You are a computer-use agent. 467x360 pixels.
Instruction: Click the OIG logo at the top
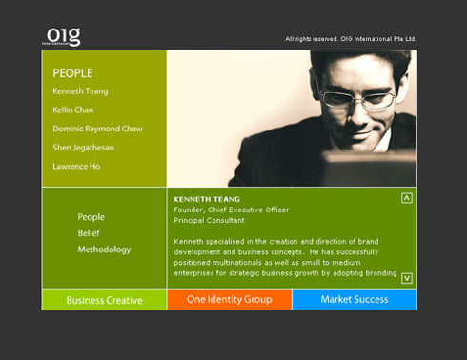pyautogui.click(x=63, y=36)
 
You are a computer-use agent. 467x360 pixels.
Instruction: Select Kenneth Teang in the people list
pyautogui.click(x=80, y=91)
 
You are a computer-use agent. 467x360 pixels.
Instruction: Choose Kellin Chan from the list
pyautogui.click(x=74, y=110)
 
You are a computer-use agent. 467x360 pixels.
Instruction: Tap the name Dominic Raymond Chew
pyautogui.click(x=97, y=129)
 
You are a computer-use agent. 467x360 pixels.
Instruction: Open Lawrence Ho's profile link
pyautogui.click(x=76, y=167)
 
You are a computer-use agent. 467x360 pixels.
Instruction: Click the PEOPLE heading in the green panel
pyautogui.click(x=72, y=72)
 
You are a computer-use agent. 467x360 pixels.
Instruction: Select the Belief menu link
pyautogui.click(x=89, y=233)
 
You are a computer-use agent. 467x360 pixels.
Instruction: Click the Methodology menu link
pyautogui.click(x=104, y=250)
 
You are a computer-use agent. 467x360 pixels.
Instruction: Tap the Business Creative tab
pyautogui.click(x=104, y=300)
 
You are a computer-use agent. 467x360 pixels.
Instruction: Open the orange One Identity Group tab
pyautogui.click(x=229, y=300)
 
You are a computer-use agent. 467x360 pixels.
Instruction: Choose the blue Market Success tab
pyautogui.click(x=354, y=300)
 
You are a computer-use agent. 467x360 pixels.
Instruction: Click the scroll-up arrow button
pyautogui.click(x=407, y=198)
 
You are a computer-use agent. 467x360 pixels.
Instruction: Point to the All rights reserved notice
pyautogui.click(x=350, y=39)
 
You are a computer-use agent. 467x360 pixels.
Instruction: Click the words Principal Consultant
pyautogui.click(x=209, y=220)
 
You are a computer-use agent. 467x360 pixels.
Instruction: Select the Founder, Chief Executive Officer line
pyautogui.click(x=231, y=210)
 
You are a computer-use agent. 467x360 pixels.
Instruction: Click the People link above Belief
pyautogui.click(x=91, y=217)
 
